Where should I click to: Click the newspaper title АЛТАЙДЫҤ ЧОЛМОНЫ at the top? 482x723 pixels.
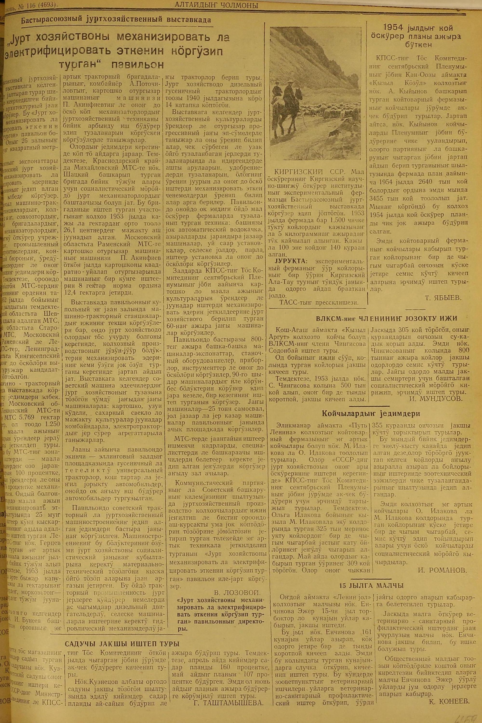(216, 5)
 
